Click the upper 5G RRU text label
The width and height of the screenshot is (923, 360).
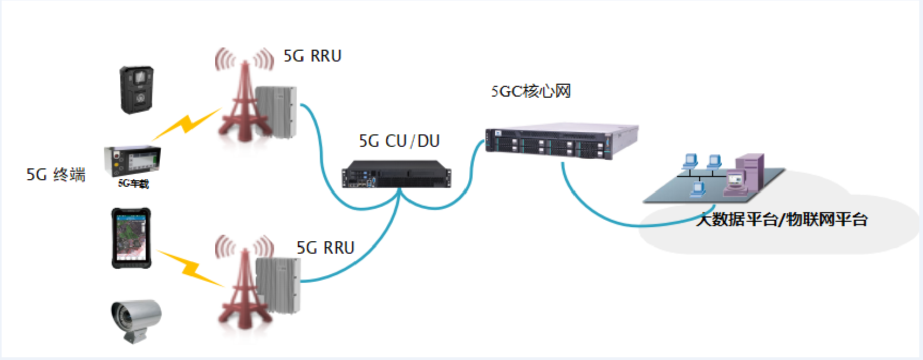[312, 56]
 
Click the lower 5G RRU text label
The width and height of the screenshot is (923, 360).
[325, 248]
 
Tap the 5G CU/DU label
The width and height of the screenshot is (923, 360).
[399, 141]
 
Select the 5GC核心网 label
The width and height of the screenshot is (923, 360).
[531, 91]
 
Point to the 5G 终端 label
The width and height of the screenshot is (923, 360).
[56, 175]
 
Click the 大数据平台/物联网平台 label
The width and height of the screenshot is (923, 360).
[782, 220]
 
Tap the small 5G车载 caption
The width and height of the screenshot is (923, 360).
[133, 184]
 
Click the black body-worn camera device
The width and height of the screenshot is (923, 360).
[136, 90]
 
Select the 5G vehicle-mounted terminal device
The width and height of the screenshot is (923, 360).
[132, 160]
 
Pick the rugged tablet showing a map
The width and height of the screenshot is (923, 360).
[131, 238]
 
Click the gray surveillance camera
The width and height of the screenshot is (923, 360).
[136, 320]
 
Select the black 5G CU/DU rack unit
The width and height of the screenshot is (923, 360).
[396, 174]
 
